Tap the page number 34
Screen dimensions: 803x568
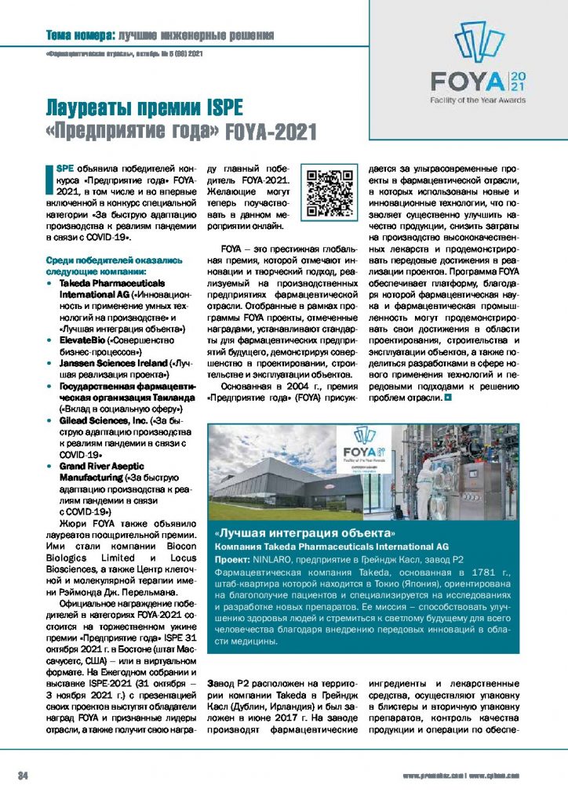(24, 776)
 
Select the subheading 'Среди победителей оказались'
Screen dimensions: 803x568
(114, 260)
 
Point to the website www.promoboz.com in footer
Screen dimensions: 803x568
(433, 776)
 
